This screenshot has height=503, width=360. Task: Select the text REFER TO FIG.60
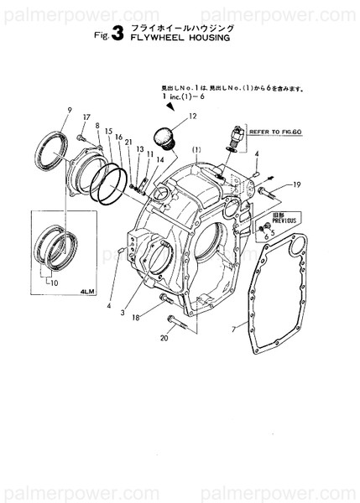[274, 132]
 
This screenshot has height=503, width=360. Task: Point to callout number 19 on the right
[297, 184]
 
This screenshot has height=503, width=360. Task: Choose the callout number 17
[85, 117]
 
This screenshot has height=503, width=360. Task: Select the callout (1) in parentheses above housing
[196, 150]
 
